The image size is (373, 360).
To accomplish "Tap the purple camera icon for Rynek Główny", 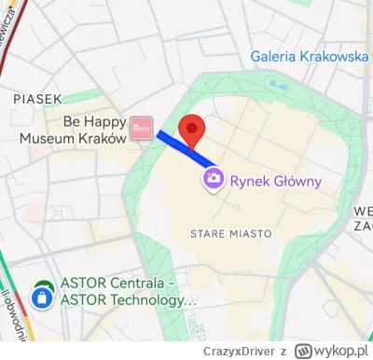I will click(214, 177).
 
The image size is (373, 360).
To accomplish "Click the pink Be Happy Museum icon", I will click(142, 127).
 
